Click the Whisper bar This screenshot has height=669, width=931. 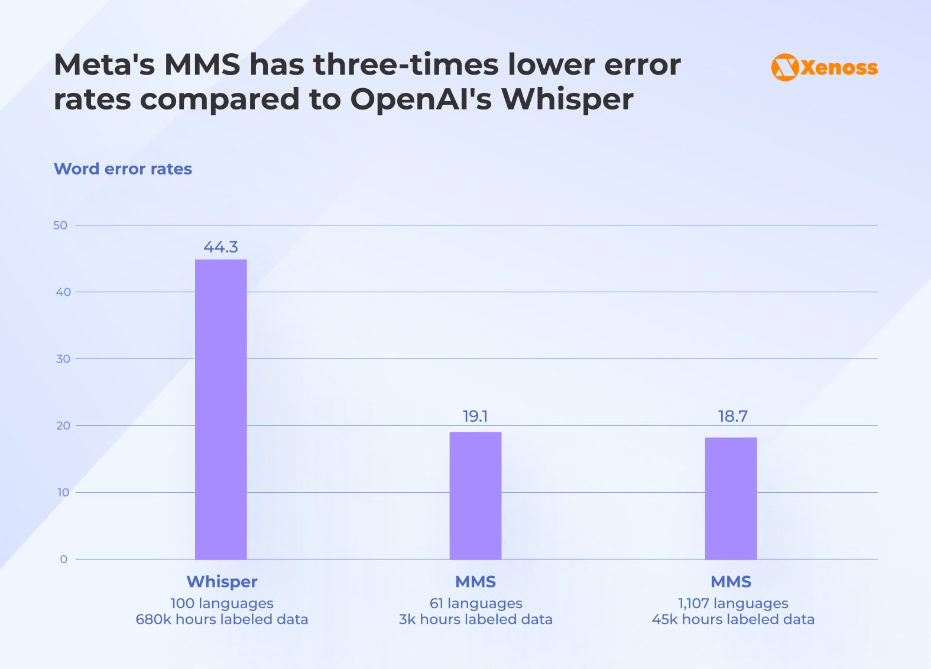coord(220,409)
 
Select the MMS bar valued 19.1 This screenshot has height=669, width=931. coord(475,496)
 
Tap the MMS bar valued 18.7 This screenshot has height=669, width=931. coord(731,498)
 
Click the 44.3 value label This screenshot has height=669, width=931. coord(220,247)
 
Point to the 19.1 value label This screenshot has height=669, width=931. coord(475,416)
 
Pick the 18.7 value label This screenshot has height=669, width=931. coord(732,416)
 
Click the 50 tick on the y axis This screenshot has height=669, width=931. coord(60,225)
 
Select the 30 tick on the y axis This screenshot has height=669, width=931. coord(63,359)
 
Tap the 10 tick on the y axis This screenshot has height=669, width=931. coord(63,493)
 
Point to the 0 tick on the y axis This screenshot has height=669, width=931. coord(64,560)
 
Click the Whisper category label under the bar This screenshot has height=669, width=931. coord(222,582)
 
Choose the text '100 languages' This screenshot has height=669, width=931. coord(222,603)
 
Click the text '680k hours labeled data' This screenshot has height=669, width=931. coord(222,619)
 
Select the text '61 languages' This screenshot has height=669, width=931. coord(476,603)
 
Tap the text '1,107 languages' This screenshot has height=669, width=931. coord(733,603)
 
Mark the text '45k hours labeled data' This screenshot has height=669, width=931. coord(733,619)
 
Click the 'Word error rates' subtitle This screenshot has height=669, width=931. coord(123,169)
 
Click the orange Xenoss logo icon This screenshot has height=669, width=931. coord(785,67)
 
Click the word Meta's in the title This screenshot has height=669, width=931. coord(104,64)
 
